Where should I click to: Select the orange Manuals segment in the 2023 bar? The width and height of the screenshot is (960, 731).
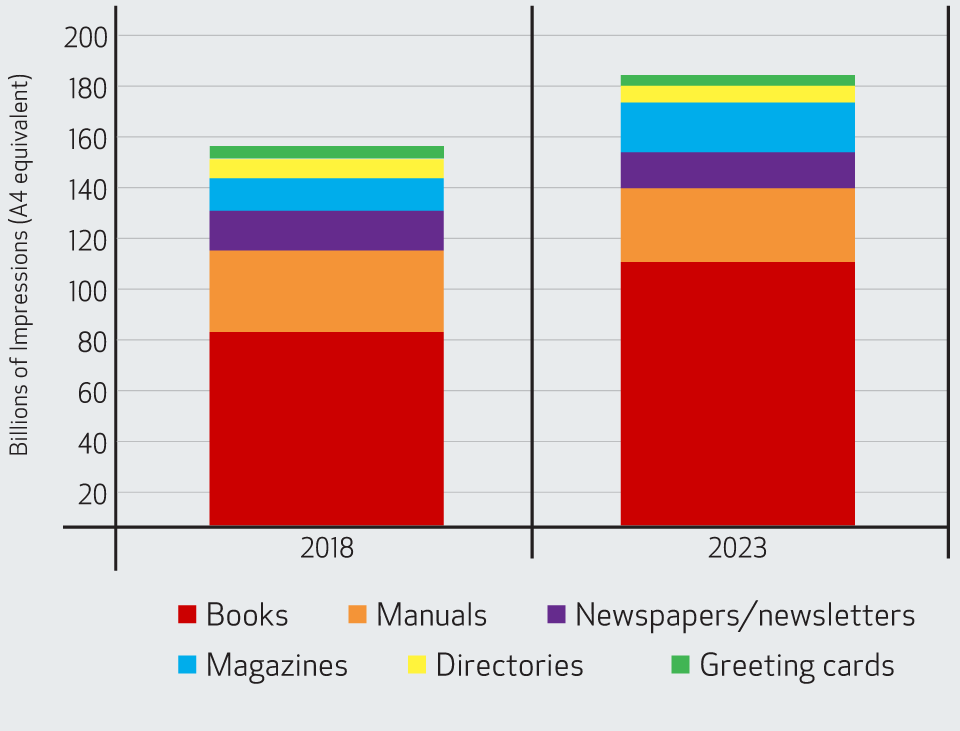coord(737,225)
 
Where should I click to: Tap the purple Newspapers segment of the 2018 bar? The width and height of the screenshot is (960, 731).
coord(326,230)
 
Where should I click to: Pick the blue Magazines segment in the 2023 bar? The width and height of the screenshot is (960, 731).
coord(737,127)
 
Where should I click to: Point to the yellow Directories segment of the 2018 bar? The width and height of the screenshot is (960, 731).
coord(326,168)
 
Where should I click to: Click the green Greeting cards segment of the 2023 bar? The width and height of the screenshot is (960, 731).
coord(737,80)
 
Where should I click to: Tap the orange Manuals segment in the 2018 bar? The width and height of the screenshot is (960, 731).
coord(326,291)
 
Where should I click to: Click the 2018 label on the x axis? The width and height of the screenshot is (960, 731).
coord(326,549)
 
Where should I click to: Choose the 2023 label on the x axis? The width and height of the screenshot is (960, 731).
coord(738,549)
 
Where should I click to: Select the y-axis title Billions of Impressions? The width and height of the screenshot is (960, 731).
coord(20,265)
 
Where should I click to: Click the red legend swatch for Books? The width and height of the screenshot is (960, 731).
coord(187,614)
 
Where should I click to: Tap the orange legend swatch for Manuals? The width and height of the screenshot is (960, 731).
coord(357,614)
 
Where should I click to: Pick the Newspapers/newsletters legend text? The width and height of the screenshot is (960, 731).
coord(745,615)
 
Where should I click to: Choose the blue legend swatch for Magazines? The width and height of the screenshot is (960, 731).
coord(187,664)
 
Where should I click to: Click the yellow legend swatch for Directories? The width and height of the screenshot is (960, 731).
coord(417,664)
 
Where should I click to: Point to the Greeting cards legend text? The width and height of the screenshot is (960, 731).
coord(797,665)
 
